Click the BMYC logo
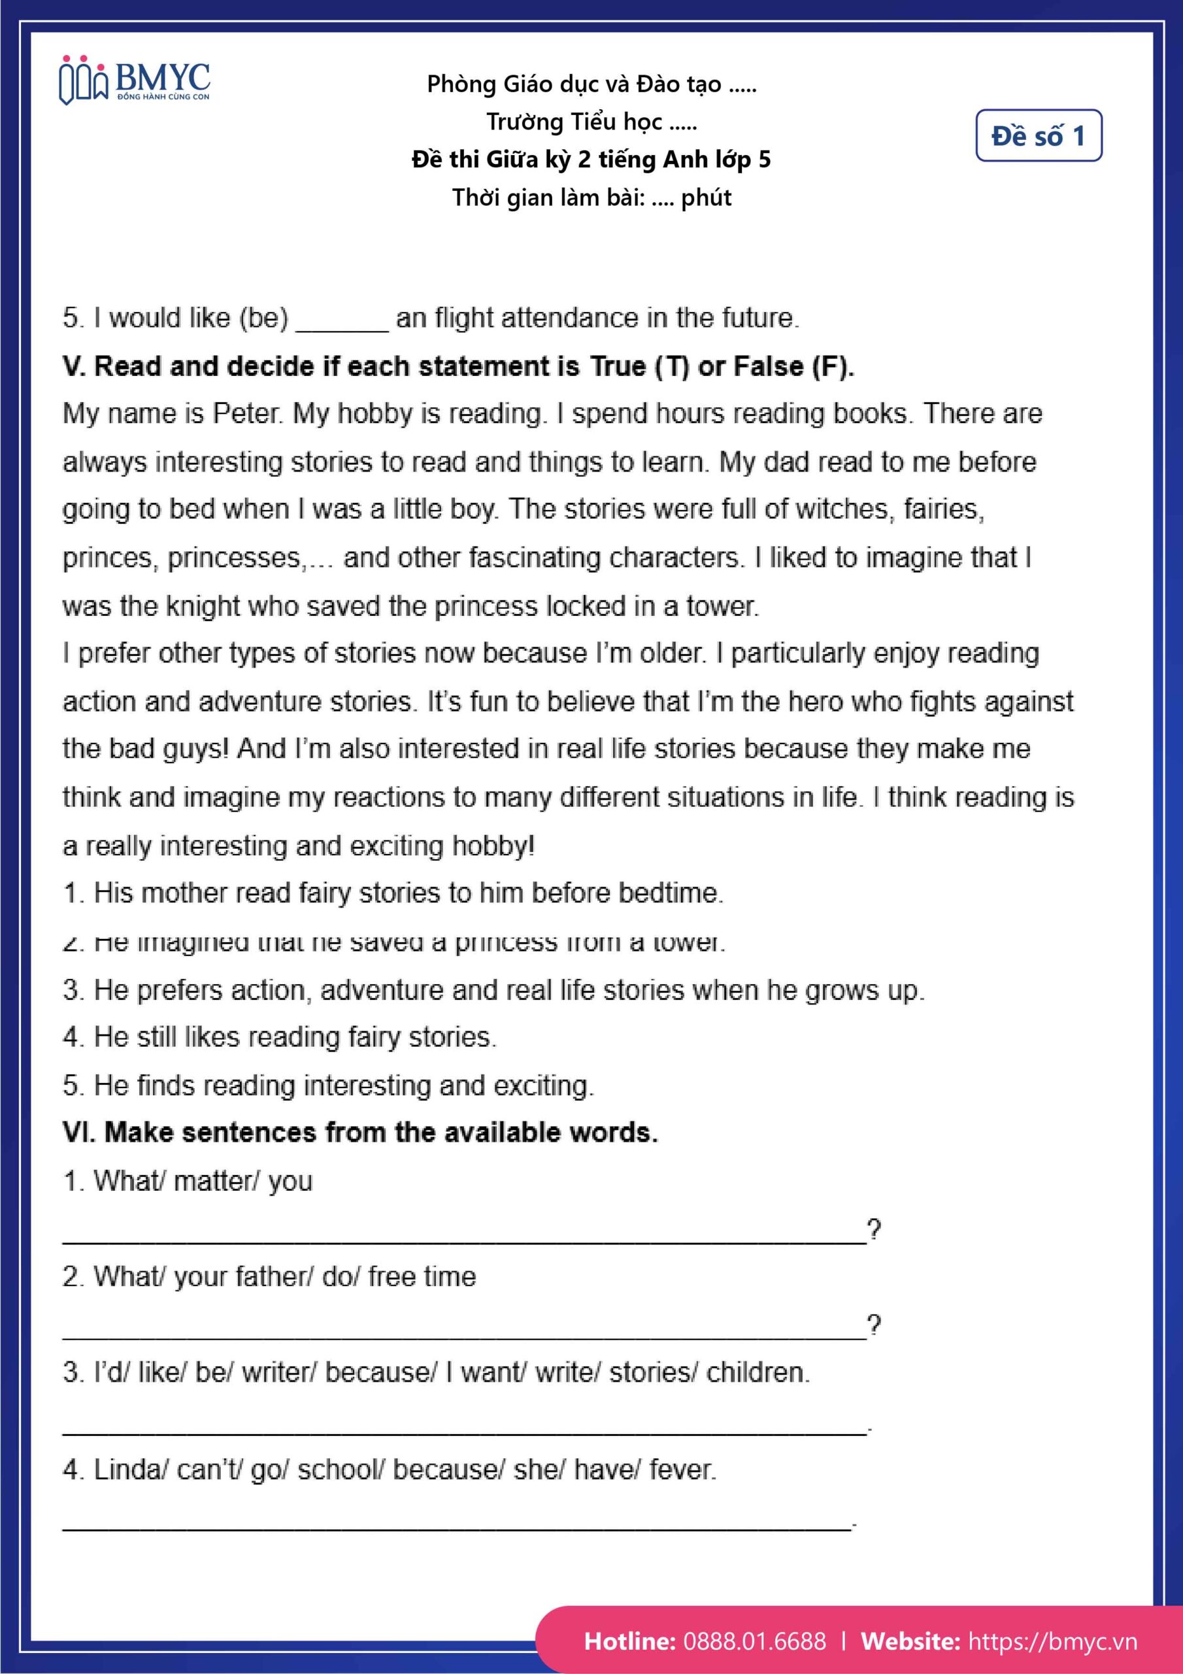pyautogui.click(x=135, y=81)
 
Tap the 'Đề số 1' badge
pyautogui.click(x=1038, y=135)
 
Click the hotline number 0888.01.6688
pyautogui.click(x=754, y=1641)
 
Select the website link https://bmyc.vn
pyautogui.click(x=1052, y=1641)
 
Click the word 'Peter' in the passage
pyautogui.click(x=246, y=413)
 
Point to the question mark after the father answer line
pyautogui.click(x=874, y=1324)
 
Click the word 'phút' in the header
pyautogui.click(x=706, y=197)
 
